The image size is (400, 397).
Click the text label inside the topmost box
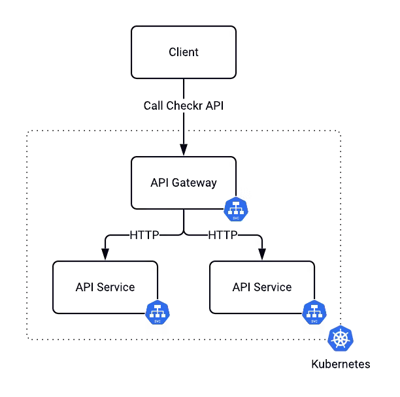183,52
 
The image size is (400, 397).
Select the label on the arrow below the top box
188,106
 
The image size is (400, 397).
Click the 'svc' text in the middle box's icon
236,217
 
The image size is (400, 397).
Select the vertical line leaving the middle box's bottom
184,222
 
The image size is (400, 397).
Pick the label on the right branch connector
232,234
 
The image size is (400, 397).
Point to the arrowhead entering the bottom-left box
105,257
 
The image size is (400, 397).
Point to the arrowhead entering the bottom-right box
262,257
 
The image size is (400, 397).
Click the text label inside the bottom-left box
105,287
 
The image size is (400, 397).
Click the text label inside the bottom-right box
262,287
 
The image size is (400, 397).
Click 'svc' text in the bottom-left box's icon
158,321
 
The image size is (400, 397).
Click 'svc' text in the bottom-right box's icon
314,321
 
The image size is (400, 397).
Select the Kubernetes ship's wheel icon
341,338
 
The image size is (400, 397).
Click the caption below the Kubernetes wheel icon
341,365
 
